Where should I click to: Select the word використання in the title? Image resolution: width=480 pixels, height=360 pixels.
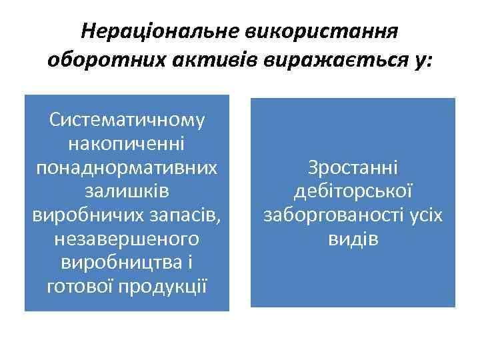(x=313, y=31)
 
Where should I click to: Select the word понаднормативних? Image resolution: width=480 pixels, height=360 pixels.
(x=127, y=167)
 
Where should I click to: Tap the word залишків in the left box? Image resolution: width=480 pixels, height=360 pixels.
(x=127, y=191)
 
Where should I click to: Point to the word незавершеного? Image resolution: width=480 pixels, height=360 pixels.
(x=127, y=239)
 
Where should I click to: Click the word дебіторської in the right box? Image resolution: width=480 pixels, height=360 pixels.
(x=353, y=191)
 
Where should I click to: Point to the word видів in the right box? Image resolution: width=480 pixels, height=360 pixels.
(x=353, y=239)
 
